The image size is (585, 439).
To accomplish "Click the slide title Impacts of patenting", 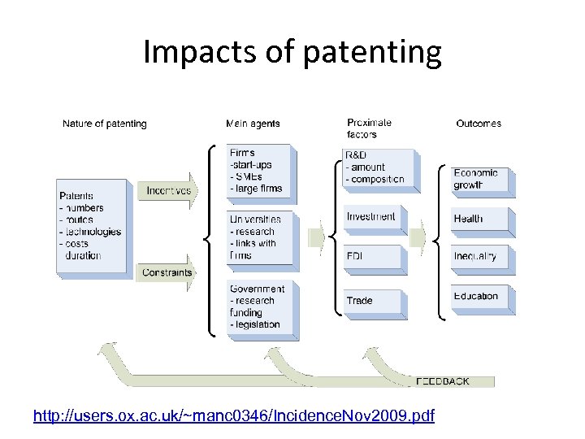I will tap(292, 52).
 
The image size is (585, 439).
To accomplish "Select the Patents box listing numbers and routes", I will tap(91, 226).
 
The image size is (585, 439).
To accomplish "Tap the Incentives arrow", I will tap(168, 191).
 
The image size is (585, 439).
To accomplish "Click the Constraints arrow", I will tap(167, 272).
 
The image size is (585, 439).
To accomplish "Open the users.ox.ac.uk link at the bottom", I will tap(234, 416).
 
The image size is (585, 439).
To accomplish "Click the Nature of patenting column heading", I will tap(105, 124).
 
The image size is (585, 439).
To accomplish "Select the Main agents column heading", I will tap(253, 124).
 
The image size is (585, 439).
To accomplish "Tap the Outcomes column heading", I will tap(479, 124).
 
